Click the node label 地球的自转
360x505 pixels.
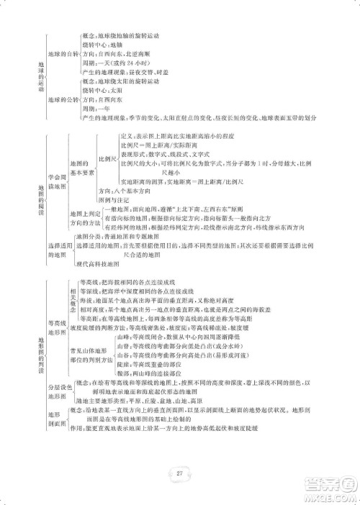[x=63, y=54]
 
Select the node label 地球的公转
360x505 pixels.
[x=63, y=99]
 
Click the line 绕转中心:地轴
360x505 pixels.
[x=106, y=44]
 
